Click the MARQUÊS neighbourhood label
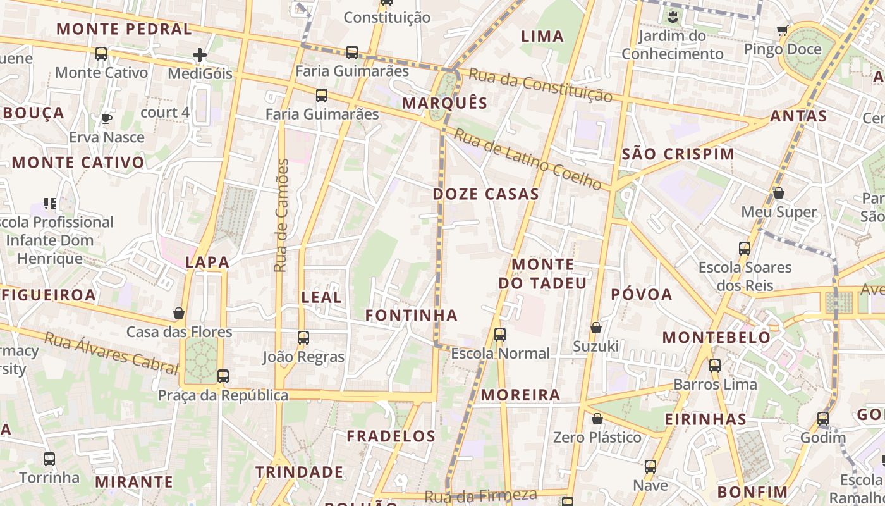(x=445, y=103)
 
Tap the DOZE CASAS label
(x=485, y=194)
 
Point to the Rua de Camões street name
(x=282, y=215)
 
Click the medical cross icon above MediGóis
(x=200, y=56)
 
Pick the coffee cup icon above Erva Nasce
(x=107, y=118)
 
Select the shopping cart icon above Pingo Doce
(x=782, y=30)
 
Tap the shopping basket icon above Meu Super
(x=779, y=193)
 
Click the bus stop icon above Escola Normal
(x=500, y=335)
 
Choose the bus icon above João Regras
(x=303, y=338)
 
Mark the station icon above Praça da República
(x=223, y=376)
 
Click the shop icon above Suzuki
(x=595, y=328)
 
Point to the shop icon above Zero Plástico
(x=597, y=419)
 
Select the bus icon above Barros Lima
(x=715, y=366)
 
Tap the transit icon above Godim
(x=822, y=419)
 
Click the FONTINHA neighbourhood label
(x=412, y=315)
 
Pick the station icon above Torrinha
(x=49, y=459)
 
